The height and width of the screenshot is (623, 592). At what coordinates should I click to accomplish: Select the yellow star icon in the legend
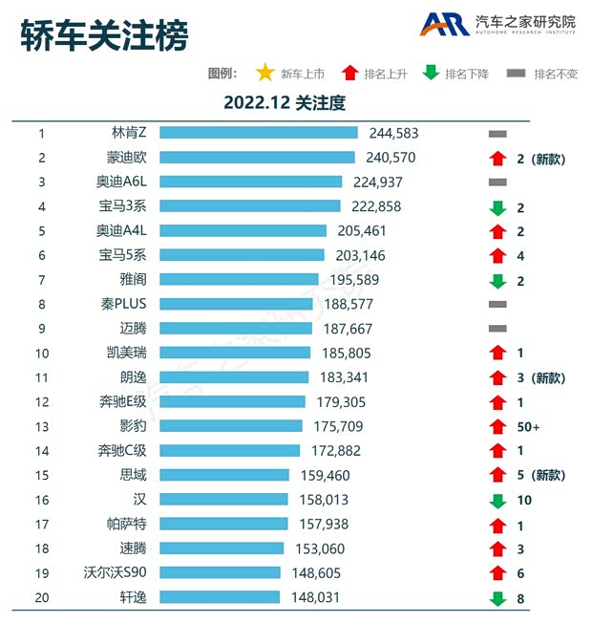pos(265,73)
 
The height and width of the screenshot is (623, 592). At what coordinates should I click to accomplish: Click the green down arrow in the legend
pos(431,73)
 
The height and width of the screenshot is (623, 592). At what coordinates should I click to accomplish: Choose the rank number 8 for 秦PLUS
pos(42,304)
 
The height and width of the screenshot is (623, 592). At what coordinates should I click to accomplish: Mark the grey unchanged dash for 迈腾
pos(497,329)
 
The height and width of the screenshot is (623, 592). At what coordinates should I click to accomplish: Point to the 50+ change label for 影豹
pos(528,426)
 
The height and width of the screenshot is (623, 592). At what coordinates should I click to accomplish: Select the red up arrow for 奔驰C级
pos(497,450)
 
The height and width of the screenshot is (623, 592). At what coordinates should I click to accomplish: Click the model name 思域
pos(135,475)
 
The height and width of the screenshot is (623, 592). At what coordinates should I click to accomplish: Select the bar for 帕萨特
pos(231,524)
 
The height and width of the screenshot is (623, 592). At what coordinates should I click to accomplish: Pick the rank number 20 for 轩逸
pos(42,597)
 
